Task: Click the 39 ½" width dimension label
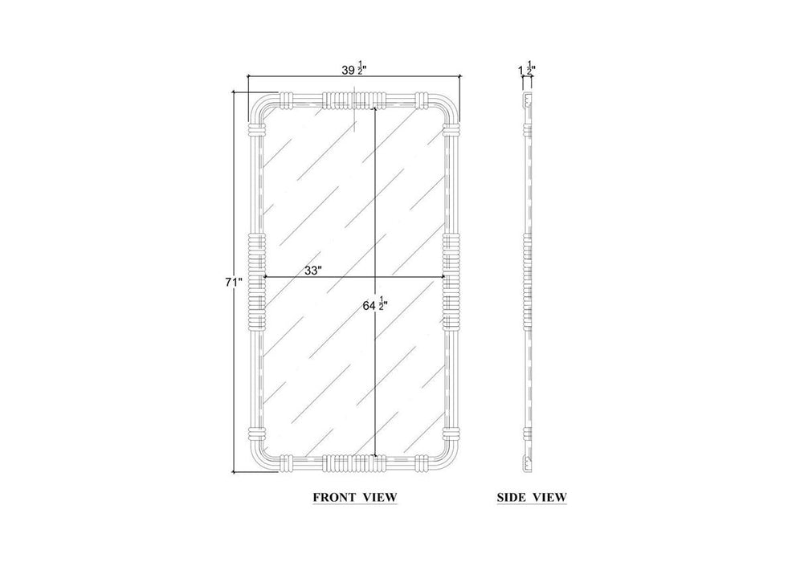coord(354,70)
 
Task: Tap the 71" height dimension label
coord(234,283)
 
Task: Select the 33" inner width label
coord(313,271)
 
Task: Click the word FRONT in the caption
coord(332,497)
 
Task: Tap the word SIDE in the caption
coord(511,497)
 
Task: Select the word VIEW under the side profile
coord(549,497)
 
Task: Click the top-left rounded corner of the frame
coord(257,104)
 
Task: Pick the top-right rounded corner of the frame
coord(451,104)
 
